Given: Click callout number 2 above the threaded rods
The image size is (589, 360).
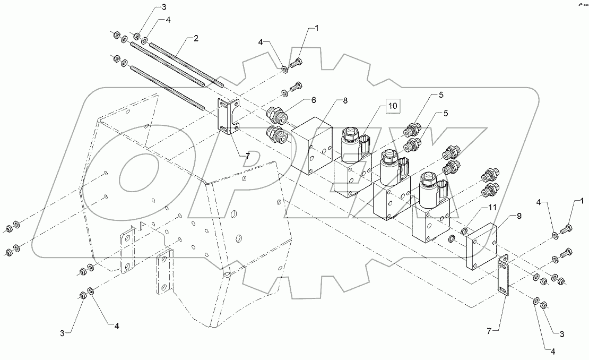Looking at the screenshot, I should click(x=196, y=39).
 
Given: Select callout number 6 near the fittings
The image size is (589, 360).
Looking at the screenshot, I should click(x=314, y=100).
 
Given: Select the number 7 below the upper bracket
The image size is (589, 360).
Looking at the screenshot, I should click(x=247, y=156).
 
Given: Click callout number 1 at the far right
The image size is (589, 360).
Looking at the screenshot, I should click(x=582, y=202).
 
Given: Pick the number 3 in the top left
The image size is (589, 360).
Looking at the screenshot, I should click(x=149, y=7).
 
